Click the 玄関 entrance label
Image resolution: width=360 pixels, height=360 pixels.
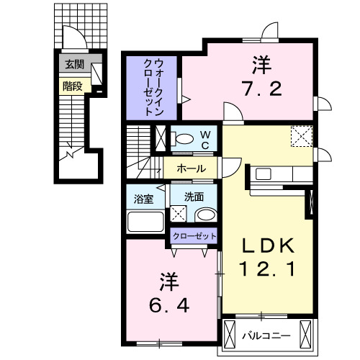(74, 65)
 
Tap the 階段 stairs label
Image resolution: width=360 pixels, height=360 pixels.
(72, 86)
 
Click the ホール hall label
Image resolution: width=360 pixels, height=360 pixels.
(192, 168)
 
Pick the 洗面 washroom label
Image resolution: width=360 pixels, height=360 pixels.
(194, 196)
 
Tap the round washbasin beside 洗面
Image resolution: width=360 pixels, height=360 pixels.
(206, 215)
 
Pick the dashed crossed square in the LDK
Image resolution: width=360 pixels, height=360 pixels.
(302, 135)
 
